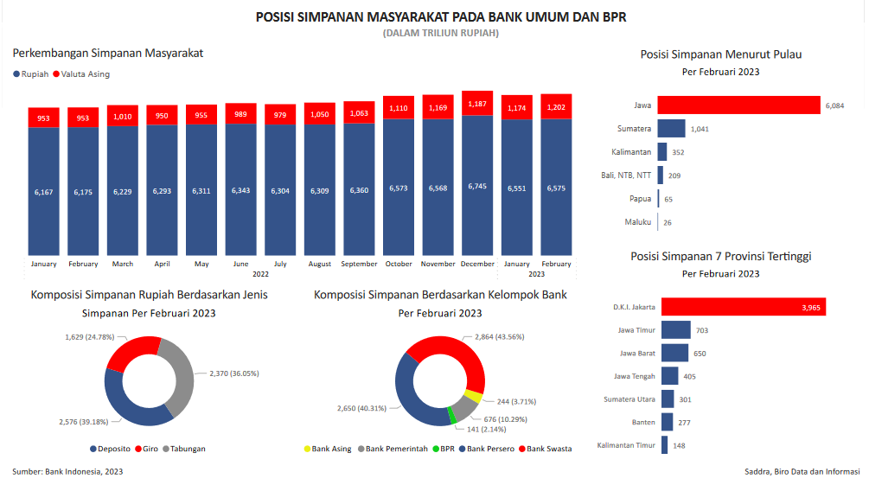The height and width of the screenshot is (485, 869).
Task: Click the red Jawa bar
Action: (x=738, y=105)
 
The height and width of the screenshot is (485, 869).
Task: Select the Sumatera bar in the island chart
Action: (x=671, y=129)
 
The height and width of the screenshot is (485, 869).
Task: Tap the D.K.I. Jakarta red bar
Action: (x=744, y=307)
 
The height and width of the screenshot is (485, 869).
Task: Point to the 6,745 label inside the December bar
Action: (x=477, y=186)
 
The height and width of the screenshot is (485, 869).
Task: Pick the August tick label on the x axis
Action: (x=319, y=264)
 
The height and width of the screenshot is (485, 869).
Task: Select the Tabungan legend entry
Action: (x=187, y=449)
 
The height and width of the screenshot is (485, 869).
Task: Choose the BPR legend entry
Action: (x=446, y=449)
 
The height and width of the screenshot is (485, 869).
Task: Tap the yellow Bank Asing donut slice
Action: (x=473, y=397)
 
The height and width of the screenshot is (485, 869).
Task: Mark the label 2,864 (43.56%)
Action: (x=499, y=336)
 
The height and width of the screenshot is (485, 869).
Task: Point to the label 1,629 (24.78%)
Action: (x=89, y=336)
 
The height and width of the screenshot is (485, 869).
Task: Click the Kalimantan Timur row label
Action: (x=626, y=446)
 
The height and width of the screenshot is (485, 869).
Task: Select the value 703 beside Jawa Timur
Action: (x=702, y=330)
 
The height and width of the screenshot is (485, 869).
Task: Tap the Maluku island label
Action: (x=638, y=222)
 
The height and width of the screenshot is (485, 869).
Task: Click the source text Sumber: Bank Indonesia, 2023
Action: (x=67, y=471)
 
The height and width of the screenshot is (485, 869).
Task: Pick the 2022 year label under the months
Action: (x=260, y=274)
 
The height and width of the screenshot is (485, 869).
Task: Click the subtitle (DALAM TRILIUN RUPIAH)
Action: (x=440, y=33)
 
